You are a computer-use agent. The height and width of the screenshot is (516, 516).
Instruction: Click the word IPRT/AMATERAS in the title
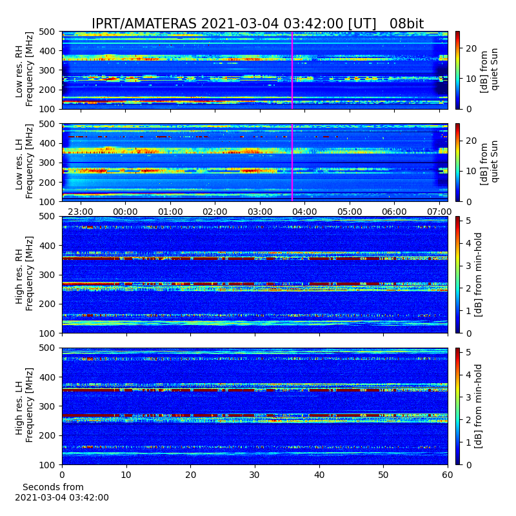click(x=144, y=24)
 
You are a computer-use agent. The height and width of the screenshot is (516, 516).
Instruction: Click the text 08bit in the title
click(x=406, y=24)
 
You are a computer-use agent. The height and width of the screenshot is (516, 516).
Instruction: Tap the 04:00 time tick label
click(x=304, y=212)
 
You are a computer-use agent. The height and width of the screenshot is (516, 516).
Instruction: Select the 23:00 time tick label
click(x=80, y=212)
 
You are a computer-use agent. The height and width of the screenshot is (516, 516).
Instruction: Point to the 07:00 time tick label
click(x=439, y=212)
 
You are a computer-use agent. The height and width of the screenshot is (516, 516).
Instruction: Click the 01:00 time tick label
click(x=170, y=212)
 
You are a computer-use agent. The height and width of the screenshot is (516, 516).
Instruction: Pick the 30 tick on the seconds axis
click(x=255, y=475)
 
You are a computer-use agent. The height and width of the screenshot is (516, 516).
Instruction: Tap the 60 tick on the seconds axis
click(x=448, y=475)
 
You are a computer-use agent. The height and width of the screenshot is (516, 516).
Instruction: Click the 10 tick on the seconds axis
click(x=126, y=475)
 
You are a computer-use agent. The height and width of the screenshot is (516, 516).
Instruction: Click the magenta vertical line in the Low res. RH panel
click(x=292, y=70)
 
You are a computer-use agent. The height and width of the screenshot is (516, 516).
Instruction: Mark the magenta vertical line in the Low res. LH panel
click(x=292, y=163)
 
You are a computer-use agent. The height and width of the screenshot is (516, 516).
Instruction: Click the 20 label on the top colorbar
click(x=471, y=48)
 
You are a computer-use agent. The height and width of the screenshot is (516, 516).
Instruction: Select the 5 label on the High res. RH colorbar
click(x=468, y=221)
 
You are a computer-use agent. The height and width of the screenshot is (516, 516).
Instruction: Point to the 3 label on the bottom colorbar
click(x=468, y=397)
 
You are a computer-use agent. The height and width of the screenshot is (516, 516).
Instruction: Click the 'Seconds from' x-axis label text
click(x=53, y=487)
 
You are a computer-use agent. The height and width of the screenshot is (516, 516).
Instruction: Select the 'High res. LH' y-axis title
click(x=19, y=406)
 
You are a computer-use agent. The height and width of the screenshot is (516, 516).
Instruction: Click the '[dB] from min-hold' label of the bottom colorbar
click(x=478, y=406)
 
